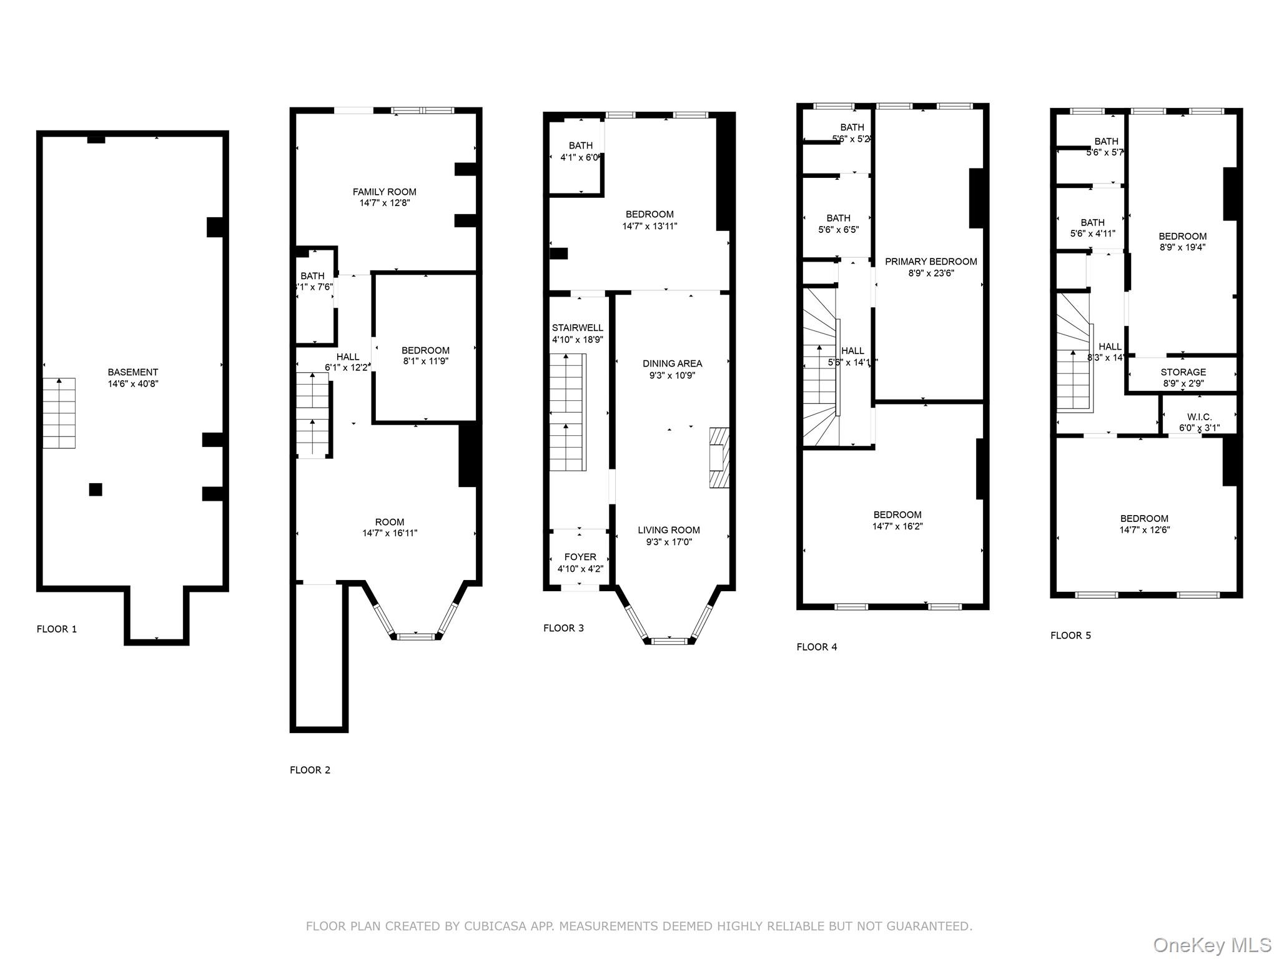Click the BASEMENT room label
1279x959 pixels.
coord(132,372)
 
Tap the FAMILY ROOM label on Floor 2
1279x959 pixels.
coord(384,192)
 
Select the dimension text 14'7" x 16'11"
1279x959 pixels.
coord(390,533)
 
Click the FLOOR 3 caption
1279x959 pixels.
coord(563,628)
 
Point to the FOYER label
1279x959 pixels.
coord(580,557)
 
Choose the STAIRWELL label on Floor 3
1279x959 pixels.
coord(577,328)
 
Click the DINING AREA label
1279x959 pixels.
coord(672,363)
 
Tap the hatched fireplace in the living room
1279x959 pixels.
coord(719,457)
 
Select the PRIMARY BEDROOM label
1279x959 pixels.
coord(931,262)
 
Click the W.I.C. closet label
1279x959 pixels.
coord(1199,417)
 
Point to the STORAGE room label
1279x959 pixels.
coord(1183,372)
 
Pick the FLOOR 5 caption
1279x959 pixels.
coord(1070,636)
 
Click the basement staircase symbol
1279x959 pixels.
coord(59,413)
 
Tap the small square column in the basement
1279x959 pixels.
coord(96,489)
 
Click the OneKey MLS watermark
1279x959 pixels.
coord(1212,945)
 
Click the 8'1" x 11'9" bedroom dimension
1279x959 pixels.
coord(425,361)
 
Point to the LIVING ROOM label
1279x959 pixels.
coord(668,530)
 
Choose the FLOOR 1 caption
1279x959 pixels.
coord(57,629)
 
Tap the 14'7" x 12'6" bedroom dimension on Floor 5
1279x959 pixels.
coord(1144,529)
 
